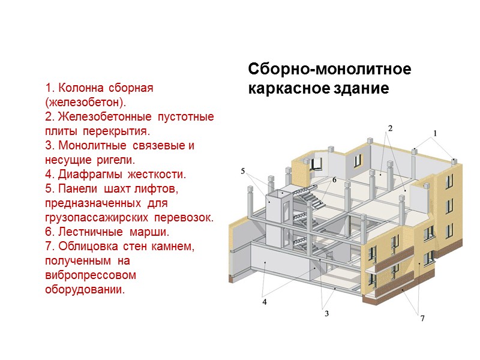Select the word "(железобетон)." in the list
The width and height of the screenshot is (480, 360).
[86, 102]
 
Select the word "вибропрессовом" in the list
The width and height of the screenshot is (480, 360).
[90, 275]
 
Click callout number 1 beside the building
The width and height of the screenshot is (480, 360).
[436, 133]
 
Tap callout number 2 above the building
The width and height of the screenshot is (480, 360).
[390, 128]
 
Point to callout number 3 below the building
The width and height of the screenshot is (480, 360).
[326, 313]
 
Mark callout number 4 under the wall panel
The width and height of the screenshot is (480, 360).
[264, 302]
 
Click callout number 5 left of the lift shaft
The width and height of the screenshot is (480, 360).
[243, 171]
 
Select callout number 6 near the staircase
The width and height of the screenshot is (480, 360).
[334, 179]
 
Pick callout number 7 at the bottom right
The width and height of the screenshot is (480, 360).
[422, 318]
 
